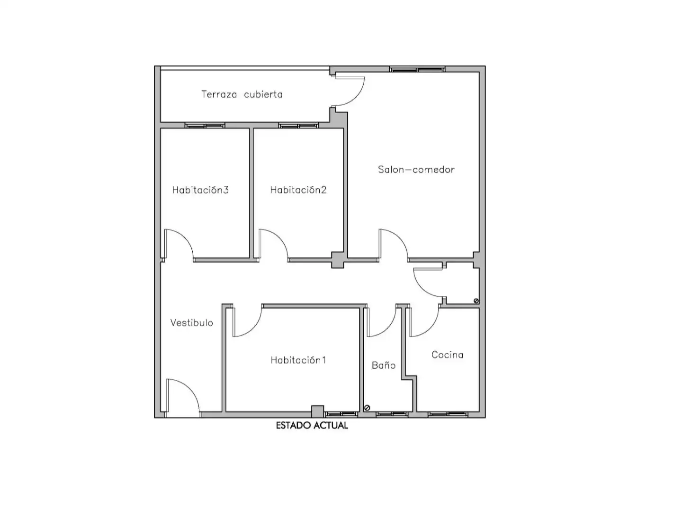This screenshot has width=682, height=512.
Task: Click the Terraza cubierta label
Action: [242, 94]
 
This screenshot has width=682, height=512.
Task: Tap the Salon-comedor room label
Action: [416, 169]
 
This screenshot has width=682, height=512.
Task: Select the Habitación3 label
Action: [200, 190]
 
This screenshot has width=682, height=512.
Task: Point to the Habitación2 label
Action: [298, 190]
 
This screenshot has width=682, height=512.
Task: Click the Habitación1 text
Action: [298, 360]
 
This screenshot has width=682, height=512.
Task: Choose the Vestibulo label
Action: [192, 323]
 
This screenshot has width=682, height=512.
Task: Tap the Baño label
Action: [384, 365]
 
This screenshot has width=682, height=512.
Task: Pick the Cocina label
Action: [448, 355]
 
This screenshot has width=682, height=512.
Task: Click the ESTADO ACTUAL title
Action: [312, 425]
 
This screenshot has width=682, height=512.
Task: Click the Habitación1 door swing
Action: [255, 328]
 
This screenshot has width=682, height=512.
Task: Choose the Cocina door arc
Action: [432, 329]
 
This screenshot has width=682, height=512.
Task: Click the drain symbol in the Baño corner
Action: [367, 408]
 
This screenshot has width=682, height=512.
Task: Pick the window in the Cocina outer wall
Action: [448, 414]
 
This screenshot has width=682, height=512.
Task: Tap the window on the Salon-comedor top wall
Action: [417, 69]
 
